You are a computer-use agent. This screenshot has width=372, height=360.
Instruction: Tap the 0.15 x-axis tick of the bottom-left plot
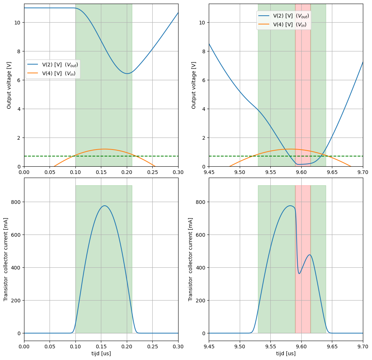[101, 346]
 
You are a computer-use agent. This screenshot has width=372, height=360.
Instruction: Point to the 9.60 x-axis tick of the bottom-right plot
[301, 346]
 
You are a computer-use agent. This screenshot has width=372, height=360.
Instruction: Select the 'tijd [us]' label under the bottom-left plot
[101, 353]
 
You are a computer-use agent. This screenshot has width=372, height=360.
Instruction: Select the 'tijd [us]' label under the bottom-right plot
[286, 353]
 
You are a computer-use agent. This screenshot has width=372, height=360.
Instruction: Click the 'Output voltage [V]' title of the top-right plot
[193, 85]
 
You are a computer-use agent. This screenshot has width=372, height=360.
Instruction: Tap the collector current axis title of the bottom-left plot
[6, 259]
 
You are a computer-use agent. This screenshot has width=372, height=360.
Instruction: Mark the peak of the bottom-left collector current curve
[105, 206]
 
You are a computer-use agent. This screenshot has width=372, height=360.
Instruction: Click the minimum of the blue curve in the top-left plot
[127, 74]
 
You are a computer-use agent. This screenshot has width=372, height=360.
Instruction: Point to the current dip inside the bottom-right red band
[299, 274]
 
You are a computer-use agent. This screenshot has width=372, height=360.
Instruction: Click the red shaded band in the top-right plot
[303, 91]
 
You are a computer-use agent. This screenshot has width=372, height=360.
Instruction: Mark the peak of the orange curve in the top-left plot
[105, 149]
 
